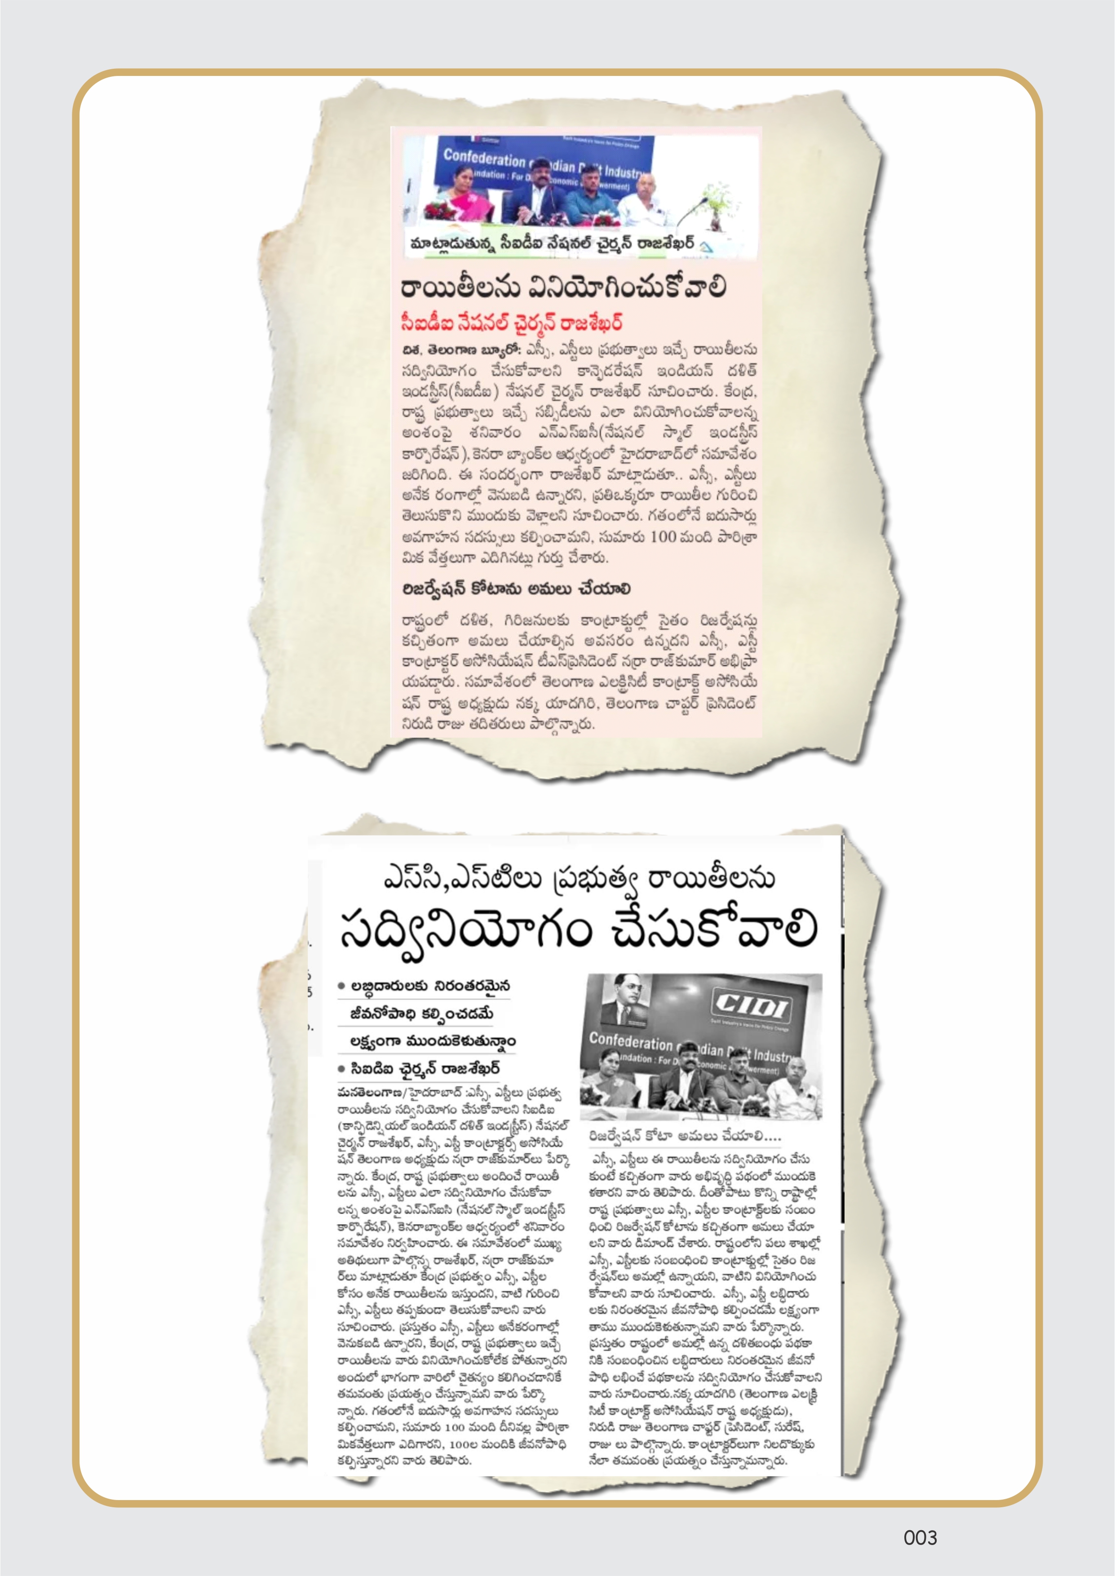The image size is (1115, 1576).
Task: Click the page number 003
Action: tap(920, 1537)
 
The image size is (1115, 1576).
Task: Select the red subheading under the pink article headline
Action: tap(512, 323)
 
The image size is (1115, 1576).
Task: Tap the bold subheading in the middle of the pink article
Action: tap(516, 589)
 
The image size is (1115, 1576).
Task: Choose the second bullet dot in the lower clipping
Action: tap(341, 1069)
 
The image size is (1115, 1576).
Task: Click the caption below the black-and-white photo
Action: tap(685, 1136)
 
